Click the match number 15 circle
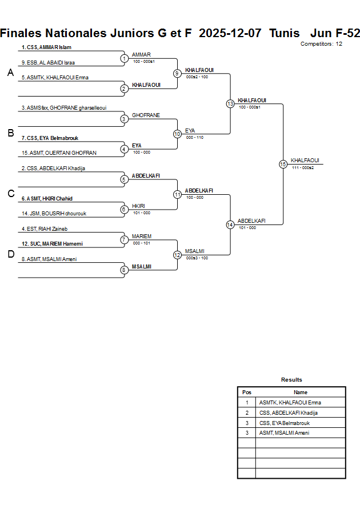[283, 164]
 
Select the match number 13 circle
[230, 104]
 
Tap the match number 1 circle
[124, 58]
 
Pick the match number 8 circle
[124, 270]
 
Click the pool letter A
[10, 73]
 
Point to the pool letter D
[10, 255]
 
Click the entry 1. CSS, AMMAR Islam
[47, 47]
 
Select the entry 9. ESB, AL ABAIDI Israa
[49, 62]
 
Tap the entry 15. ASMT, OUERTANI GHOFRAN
[59, 153]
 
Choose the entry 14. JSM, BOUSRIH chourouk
[54, 214]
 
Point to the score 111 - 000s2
[303, 167]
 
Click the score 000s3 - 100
[197, 258]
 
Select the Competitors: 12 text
[321, 44]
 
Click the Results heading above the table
[291, 380]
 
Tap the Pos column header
[247, 392]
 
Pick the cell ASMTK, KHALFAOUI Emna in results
[290, 403]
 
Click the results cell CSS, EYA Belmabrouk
[284, 423]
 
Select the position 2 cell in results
[247, 413]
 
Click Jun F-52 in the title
[335, 33]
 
